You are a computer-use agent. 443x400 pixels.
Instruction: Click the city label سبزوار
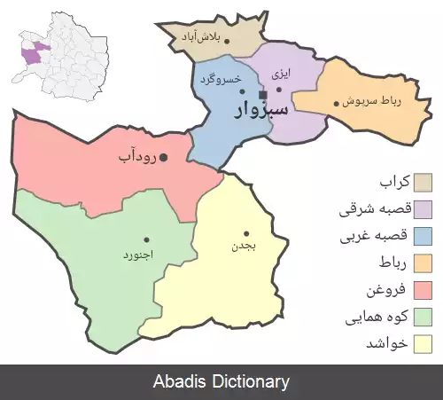tap(262, 110)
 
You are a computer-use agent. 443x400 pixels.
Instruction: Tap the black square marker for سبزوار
tap(262, 94)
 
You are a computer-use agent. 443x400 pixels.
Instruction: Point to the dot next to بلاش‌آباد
tap(226, 41)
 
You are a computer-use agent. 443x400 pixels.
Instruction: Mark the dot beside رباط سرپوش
tap(336, 103)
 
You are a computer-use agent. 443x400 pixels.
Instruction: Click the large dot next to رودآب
tap(163, 158)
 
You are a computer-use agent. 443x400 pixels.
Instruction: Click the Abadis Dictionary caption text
tap(221, 382)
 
